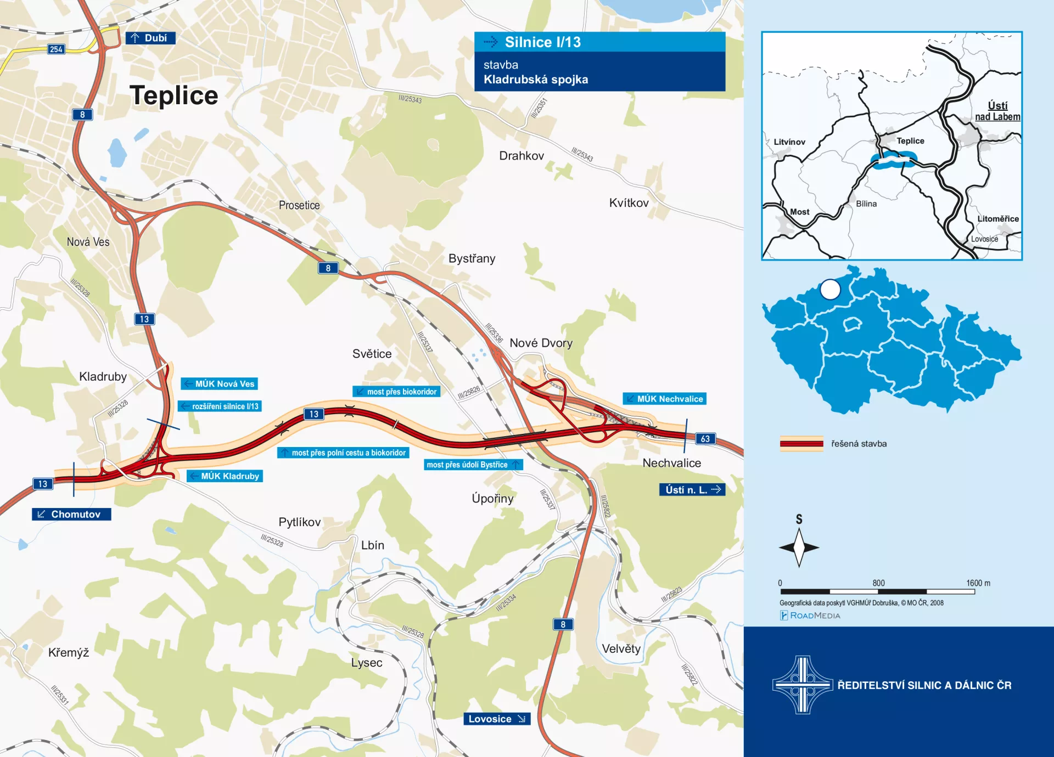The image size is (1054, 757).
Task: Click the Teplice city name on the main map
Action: [173, 95]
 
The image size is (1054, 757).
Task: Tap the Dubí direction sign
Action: [150, 38]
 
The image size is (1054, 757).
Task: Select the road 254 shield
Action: [56, 49]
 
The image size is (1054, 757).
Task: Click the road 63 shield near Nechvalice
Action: [705, 439]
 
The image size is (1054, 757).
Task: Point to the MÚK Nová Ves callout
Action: [220, 384]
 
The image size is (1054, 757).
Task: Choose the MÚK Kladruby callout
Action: [225, 476]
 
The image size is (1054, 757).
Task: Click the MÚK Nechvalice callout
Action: [664, 399]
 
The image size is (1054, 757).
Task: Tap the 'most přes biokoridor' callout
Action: [396, 392]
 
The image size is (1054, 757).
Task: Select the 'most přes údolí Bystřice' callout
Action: [473, 465]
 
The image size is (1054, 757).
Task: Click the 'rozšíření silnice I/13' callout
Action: [220, 406]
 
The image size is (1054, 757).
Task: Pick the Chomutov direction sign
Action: [71, 515]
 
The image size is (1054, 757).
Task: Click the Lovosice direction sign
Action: [497, 719]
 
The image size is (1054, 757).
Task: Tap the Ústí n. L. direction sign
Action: [692, 490]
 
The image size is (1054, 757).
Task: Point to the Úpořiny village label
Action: [492, 499]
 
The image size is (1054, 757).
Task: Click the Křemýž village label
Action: [69, 653]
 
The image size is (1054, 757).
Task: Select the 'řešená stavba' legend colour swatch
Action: [801, 444]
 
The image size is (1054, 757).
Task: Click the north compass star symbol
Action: [799, 547]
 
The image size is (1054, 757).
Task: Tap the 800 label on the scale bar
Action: [878, 583]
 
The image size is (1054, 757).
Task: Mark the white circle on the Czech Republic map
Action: [830, 289]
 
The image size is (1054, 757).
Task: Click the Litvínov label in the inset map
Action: [789, 142]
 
